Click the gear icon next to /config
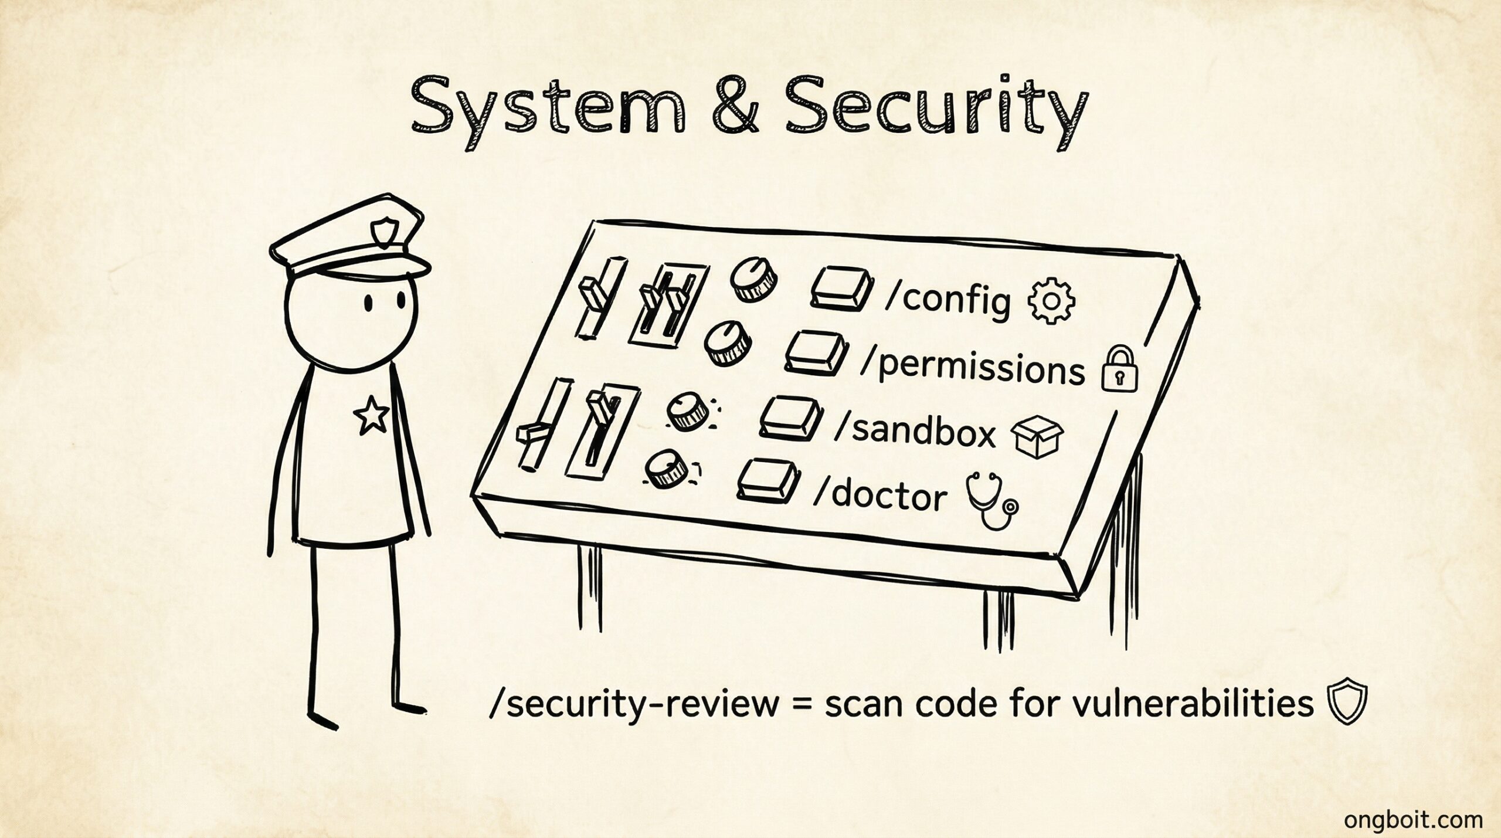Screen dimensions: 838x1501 (x=1052, y=301)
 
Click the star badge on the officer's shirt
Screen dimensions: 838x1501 (x=370, y=413)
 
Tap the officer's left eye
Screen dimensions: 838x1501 (x=369, y=303)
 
